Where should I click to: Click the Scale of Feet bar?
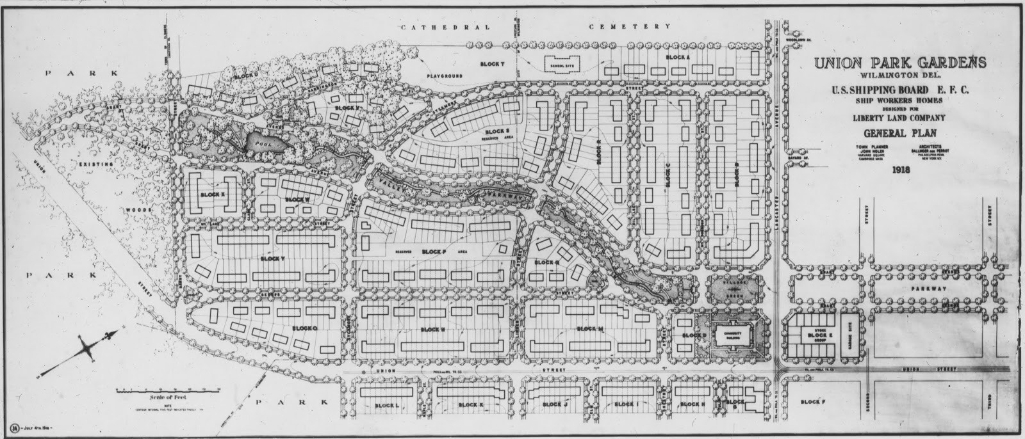(168, 389)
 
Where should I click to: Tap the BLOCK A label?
(678, 58)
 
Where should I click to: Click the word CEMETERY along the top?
(630, 27)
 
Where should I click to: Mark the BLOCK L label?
(386, 405)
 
